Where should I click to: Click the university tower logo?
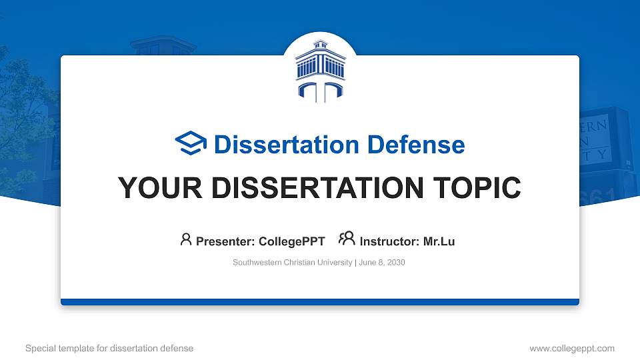point(319,71)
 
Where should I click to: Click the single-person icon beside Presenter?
point(186,239)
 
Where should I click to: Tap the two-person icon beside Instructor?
point(347,239)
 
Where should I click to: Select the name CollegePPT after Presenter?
point(292,241)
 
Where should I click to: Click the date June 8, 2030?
point(382,263)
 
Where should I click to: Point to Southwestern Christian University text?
point(292,263)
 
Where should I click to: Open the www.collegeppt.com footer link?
point(571,348)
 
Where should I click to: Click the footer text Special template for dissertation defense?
point(109,348)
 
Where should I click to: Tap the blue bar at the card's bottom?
point(319,302)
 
